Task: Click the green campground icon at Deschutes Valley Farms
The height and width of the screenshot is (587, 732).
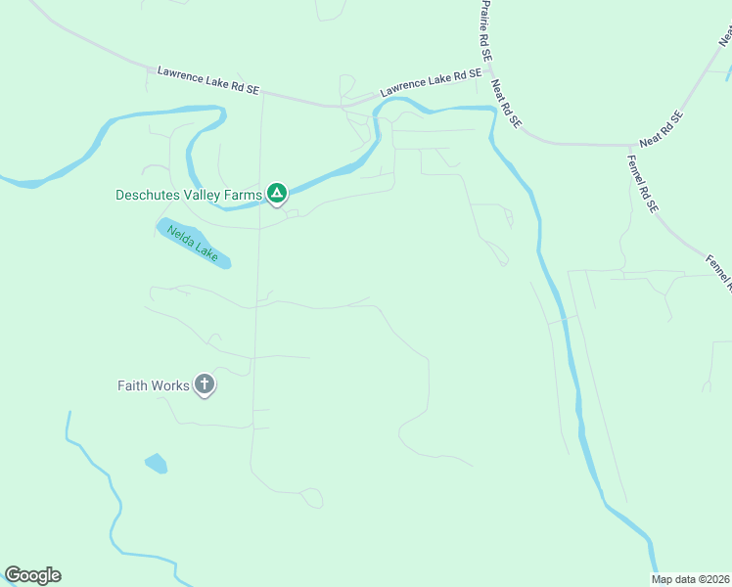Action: click(277, 194)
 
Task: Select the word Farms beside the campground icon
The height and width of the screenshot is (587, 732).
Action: click(245, 195)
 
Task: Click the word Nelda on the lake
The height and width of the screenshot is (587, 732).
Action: click(179, 235)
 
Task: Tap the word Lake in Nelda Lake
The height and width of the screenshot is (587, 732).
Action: click(206, 251)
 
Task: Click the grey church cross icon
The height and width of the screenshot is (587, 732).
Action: click(205, 384)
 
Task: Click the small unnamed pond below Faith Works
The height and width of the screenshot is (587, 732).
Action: click(156, 463)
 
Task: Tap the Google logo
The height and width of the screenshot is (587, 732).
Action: click(32, 575)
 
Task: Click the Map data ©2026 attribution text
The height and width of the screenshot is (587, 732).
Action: click(690, 579)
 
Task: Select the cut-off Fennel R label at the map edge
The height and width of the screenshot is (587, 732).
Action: click(719, 274)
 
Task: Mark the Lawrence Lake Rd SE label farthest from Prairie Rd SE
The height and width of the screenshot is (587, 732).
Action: click(208, 80)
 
